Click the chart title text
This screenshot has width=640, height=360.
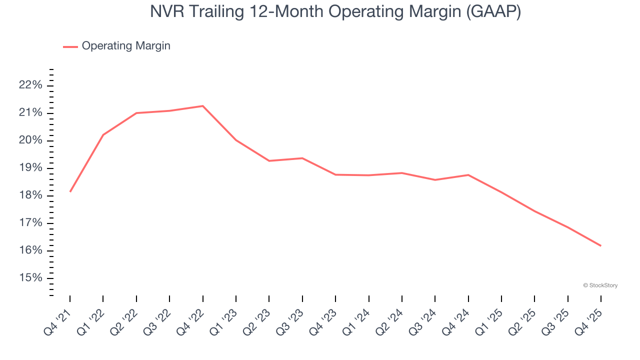coord(335,11)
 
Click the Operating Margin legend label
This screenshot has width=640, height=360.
coord(126,46)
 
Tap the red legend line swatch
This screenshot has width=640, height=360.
coord(70,46)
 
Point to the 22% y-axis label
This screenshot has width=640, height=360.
coord(30,85)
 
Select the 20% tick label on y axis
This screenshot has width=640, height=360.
coord(30,140)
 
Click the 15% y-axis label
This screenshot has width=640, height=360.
coord(30,278)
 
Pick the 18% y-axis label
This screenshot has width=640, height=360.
coord(30,195)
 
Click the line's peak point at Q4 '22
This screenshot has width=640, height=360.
coord(202,106)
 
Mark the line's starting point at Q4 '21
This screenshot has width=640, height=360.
coord(70,191)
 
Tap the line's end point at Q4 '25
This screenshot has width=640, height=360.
coord(600,245)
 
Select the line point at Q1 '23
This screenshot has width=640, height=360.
coord(235,140)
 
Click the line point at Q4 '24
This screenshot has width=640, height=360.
coord(468,175)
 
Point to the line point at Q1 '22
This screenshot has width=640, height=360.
coord(103,135)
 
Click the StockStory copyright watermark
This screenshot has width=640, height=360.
coord(600,285)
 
